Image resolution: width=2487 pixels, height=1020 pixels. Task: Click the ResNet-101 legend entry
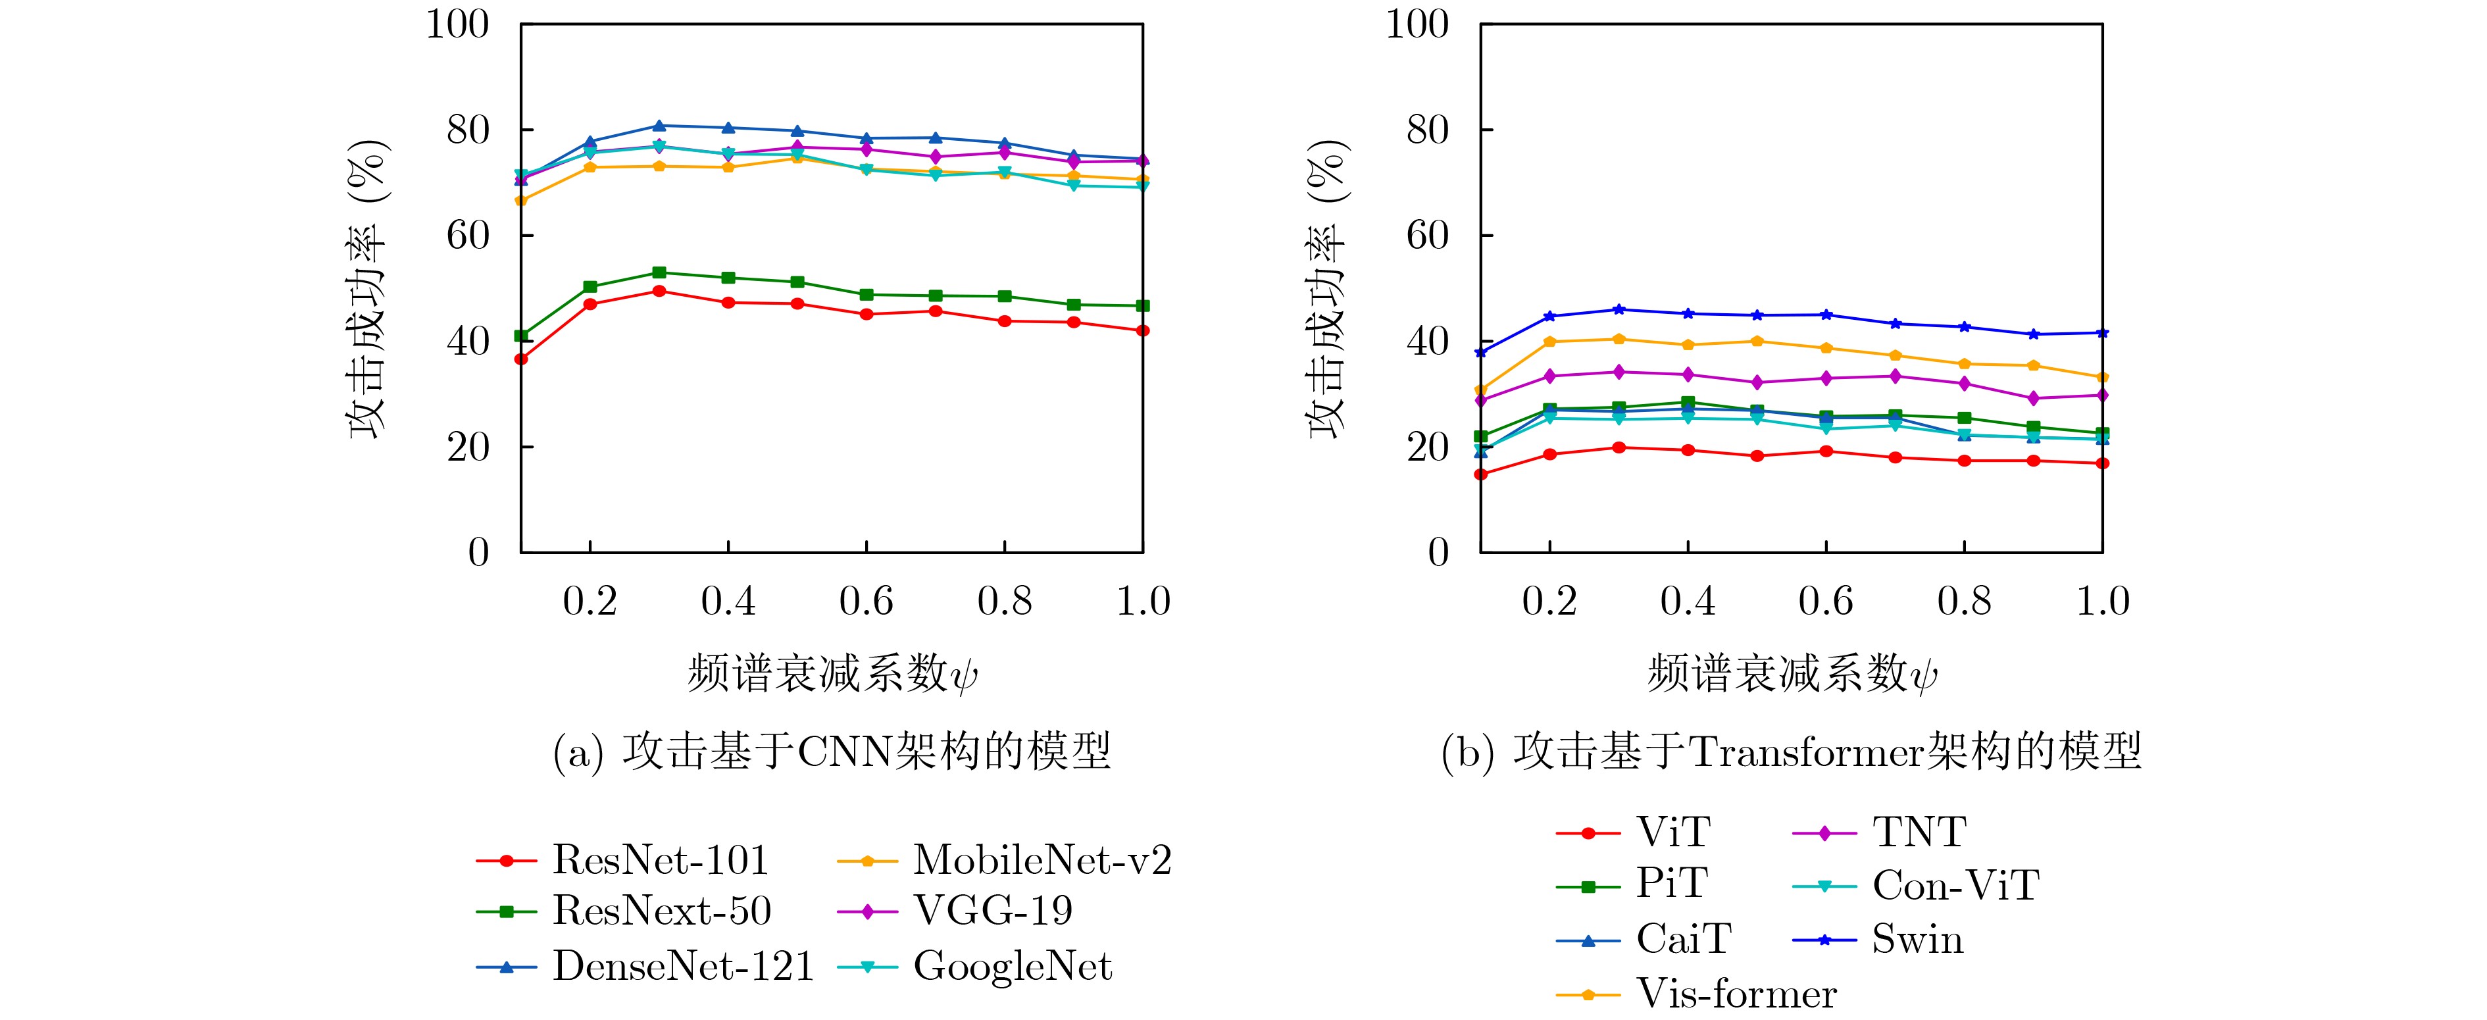[659, 859]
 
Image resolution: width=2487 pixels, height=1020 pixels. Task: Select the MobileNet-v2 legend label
[1042, 859]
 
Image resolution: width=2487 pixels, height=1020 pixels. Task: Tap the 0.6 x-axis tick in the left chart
[866, 601]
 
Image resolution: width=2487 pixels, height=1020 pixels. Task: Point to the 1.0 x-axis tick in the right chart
[2102, 601]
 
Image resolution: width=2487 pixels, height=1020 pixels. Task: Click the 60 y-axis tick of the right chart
[1427, 236]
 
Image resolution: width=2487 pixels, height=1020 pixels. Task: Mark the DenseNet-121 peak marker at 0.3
[659, 126]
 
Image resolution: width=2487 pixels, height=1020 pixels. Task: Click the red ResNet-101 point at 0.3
[659, 291]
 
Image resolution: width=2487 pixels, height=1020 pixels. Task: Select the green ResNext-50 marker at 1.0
[1143, 306]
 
